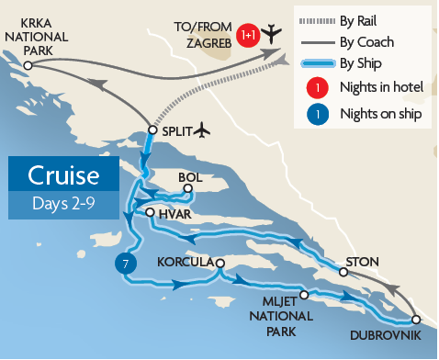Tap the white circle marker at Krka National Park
coord(28,66)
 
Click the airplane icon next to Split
coord(203,130)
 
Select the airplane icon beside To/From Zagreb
coord(271,34)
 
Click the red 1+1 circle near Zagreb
coord(246,35)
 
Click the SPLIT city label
coord(174,131)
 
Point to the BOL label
coord(189,177)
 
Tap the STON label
coord(363,261)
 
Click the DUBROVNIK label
coord(387,336)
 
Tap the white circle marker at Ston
coord(343,272)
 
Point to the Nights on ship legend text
coord(381,115)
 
